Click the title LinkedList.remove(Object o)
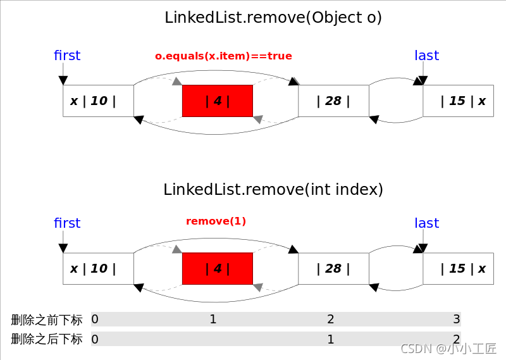(273, 18)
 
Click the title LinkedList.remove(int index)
(273, 189)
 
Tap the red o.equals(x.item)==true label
(223, 56)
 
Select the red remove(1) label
(216, 221)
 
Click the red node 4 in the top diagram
(218, 101)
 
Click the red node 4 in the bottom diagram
(218, 268)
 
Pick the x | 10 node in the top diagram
(98, 101)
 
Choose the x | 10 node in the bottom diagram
(98, 268)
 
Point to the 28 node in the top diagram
(333, 101)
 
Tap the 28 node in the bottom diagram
(333, 268)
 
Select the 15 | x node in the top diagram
(458, 101)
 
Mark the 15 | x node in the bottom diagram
(458, 268)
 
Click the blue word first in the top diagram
(67, 56)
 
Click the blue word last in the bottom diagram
(426, 223)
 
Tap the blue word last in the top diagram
(426, 56)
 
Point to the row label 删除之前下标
(47, 320)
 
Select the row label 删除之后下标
(47, 339)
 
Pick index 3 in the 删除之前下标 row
(457, 319)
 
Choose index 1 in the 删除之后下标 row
(330, 339)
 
